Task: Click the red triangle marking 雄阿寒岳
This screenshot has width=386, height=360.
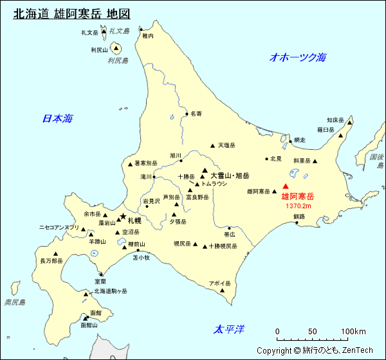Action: point(286,187)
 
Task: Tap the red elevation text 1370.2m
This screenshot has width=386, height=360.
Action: point(298,206)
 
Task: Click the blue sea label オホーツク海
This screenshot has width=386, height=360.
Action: point(298,57)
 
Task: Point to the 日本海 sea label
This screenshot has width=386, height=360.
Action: point(57,118)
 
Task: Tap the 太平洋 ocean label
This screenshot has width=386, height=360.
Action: point(229,330)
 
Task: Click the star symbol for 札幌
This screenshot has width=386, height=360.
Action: point(123,217)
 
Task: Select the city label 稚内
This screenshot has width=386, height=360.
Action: point(148,36)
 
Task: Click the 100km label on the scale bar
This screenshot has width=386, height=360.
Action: point(353,332)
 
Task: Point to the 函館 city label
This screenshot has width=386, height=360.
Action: point(96,311)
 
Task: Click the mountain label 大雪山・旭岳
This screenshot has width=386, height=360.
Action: point(230,175)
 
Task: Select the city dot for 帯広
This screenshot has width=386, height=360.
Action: point(229,228)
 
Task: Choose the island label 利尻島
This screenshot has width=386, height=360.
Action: point(118,60)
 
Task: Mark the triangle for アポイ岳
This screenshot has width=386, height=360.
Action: point(223,291)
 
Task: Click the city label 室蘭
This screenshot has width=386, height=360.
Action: point(100,282)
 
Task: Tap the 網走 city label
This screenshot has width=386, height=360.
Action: point(299,139)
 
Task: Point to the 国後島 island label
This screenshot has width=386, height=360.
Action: point(376,161)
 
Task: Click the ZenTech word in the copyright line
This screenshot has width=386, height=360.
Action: point(357,350)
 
